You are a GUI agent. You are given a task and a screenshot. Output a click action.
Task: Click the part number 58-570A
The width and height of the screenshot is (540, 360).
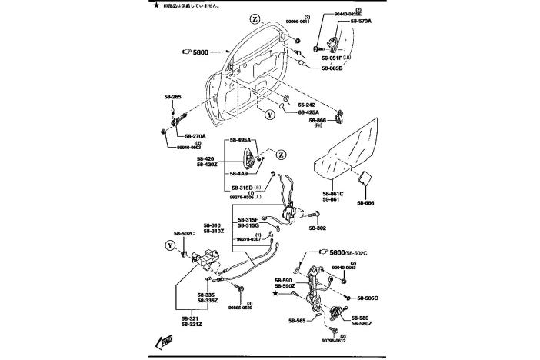tap(361, 22)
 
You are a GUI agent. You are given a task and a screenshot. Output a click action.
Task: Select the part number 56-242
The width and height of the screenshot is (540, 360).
tap(307, 104)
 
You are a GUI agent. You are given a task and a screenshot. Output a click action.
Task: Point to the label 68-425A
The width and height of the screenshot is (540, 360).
tap(309, 113)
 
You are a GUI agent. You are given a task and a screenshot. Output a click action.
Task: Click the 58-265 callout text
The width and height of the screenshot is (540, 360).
tap(172, 98)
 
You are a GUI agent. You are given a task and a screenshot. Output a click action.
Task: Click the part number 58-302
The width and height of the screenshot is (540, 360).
tap(317, 228)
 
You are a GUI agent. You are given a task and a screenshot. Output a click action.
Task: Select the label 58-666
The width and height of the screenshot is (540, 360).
tap(365, 203)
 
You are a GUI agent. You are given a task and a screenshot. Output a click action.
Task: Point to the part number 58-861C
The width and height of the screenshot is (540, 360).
tap(333, 193)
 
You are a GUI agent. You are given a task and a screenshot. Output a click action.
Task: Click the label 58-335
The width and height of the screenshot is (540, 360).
tap(205, 295)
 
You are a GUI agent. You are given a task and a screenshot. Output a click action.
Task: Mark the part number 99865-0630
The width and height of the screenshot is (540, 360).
tap(239, 308)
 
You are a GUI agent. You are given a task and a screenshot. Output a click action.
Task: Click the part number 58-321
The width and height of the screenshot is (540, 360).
tap(191, 318)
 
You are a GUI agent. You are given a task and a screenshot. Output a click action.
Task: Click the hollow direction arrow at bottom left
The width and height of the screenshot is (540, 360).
tap(163, 342)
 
